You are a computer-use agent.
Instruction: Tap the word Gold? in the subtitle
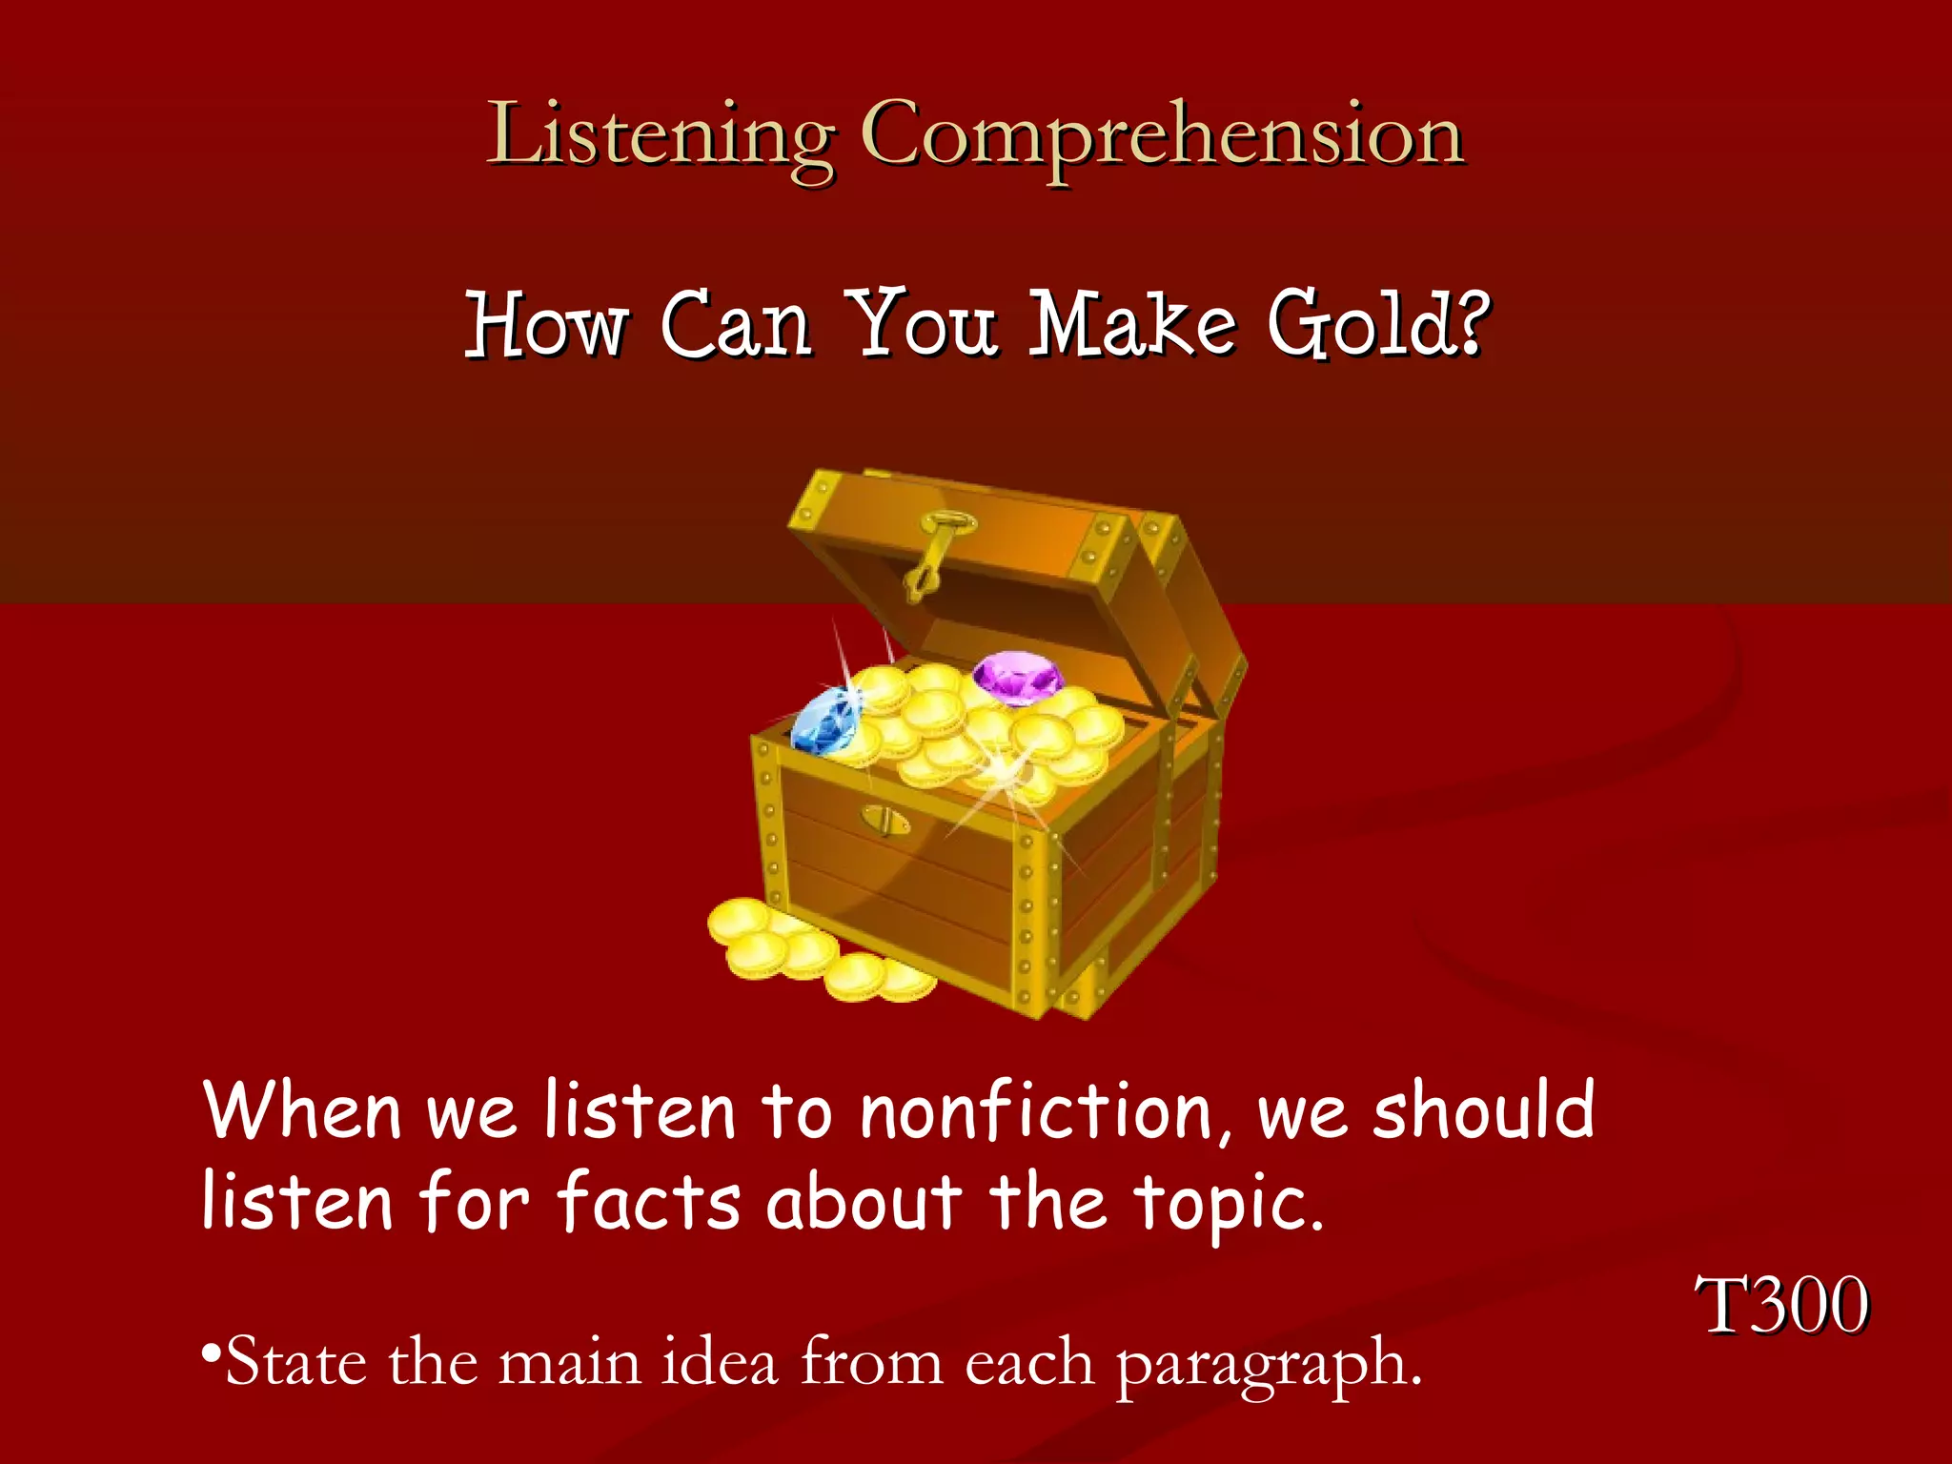pos(1377,324)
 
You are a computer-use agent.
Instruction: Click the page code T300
pos(1780,1305)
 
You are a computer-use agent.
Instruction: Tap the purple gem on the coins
pos(1017,678)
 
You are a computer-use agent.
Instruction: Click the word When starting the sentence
pos(303,1111)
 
